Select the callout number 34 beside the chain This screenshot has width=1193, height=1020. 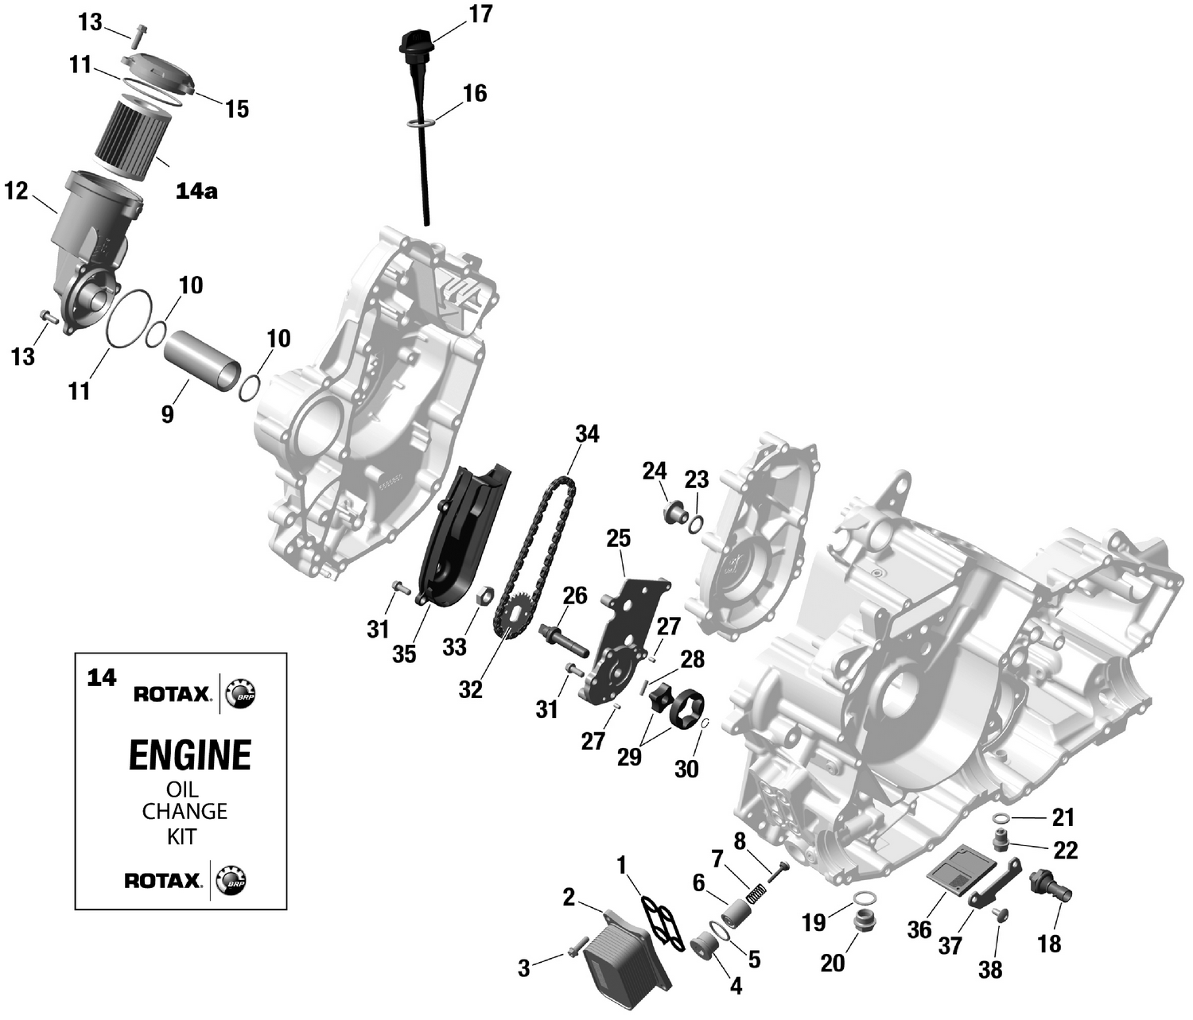pos(587,434)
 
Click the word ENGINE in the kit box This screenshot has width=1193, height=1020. pos(189,754)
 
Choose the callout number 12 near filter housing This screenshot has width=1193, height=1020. pos(16,191)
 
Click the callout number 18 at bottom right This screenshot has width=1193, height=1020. pos(1049,944)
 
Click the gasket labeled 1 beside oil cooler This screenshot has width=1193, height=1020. pos(662,922)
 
